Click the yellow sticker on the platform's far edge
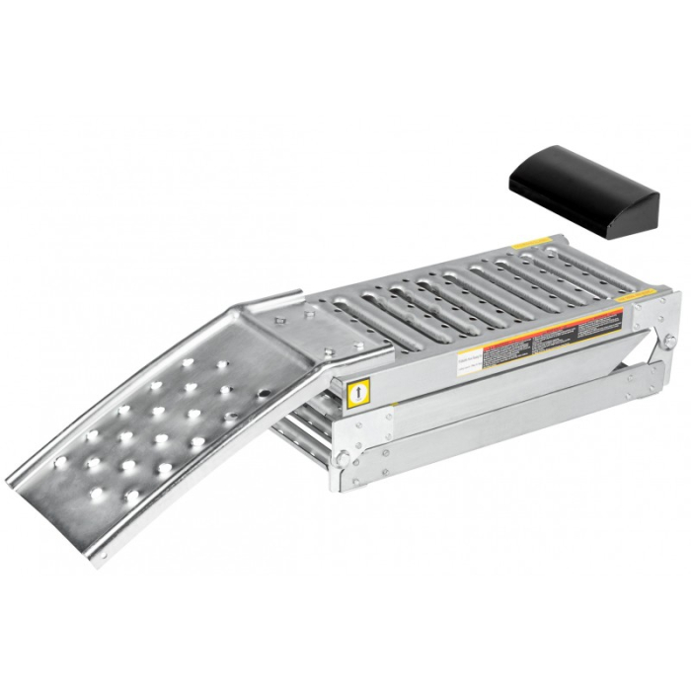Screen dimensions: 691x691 coord(534,239)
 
